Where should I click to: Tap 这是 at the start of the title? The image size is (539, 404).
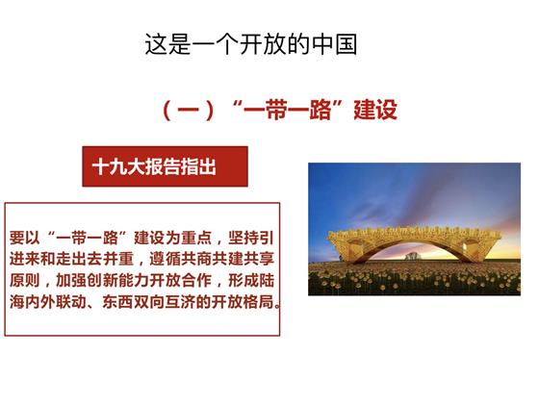pyautogui.click(x=167, y=44)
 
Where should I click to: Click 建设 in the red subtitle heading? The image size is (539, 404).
pyautogui.click(x=375, y=110)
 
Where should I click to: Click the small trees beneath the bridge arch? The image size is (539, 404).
pyautogui.click(x=413, y=256)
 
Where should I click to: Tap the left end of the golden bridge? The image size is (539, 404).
pyautogui.click(x=331, y=237)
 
